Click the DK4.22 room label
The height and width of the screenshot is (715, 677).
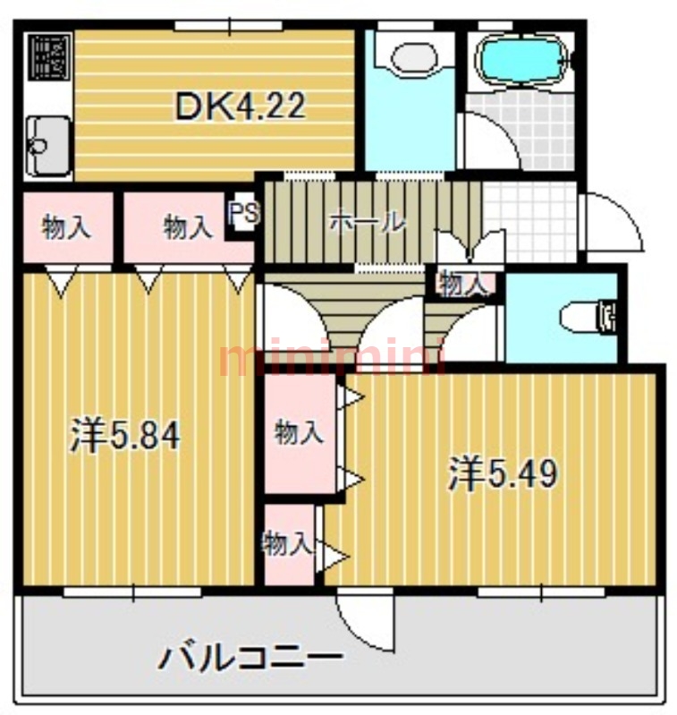pos(240,106)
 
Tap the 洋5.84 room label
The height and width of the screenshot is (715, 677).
pos(126,436)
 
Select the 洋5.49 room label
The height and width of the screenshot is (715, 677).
pos(504,473)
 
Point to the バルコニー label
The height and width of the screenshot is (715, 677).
pos(251,660)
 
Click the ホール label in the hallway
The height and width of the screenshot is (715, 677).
pos(368,221)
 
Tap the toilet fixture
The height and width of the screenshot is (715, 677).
pos(589,316)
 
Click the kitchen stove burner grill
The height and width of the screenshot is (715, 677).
pos(47,57)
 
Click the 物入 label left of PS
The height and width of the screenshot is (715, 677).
pos(188,228)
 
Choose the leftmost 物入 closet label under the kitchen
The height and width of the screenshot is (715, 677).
pos(67,228)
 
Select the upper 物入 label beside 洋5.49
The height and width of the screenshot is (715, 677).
pos(299,433)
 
